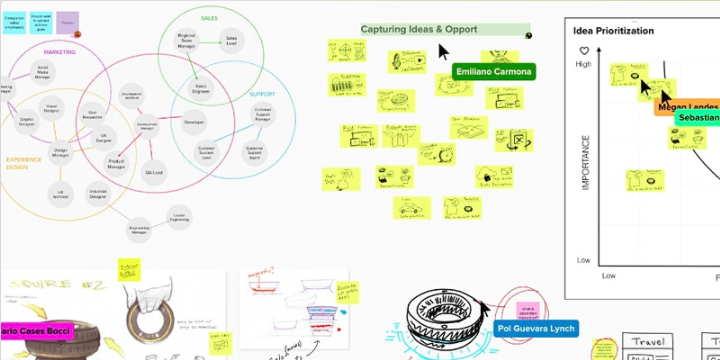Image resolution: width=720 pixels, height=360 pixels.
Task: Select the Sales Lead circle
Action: [x=231, y=41]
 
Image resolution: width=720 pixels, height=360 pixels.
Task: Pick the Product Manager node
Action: [x=116, y=164]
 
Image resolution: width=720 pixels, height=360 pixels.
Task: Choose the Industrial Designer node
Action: [x=97, y=193]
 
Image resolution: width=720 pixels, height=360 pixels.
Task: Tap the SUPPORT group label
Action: [x=262, y=94]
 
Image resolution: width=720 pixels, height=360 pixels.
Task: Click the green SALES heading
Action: [x=210, y=18]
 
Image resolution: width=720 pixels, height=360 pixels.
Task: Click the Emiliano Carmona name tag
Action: [x=494, y=72]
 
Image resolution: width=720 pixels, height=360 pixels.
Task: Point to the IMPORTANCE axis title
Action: [x=586, y=162]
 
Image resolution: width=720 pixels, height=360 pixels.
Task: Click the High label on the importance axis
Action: [x=583, y=64]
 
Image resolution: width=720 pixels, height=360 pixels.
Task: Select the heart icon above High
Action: [x=582, y=50]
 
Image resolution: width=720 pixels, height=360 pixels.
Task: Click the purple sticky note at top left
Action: [x=68, y=19]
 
